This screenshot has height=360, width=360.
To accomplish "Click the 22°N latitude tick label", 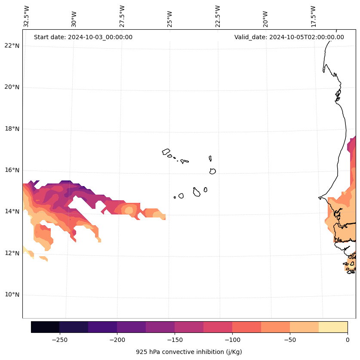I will [11, 46].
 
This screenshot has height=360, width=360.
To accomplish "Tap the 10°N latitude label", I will [11, 295].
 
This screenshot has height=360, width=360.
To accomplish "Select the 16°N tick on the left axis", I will [11, 170].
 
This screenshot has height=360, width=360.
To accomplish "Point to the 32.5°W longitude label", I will [27, 16].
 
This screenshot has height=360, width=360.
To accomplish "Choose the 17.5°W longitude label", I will [314, 16].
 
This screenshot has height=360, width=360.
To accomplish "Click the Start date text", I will [83, 37].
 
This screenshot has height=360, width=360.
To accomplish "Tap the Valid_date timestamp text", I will [289, 37].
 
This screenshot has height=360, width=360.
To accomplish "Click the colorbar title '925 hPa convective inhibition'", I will [189, 352].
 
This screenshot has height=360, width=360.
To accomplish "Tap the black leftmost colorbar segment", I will [45, 327].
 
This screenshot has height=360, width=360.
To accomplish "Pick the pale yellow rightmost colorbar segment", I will [333, 327].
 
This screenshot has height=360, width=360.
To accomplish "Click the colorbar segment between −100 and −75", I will [246, 327].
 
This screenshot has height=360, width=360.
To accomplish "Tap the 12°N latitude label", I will [11, 253].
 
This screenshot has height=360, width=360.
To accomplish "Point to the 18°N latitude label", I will [11, 129].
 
